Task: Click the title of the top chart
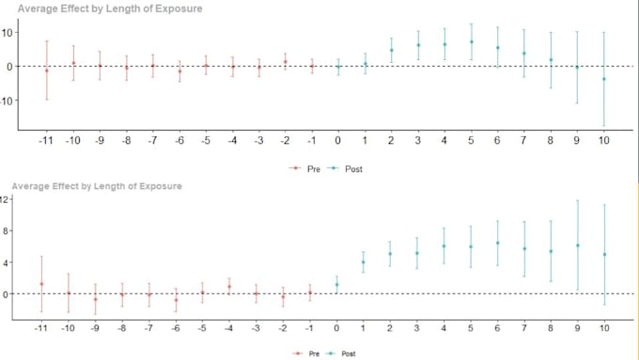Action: point(110,8)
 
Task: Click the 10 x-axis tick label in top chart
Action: point(604,140)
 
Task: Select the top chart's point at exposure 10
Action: point(604,79)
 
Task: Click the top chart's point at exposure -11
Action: point(47,70)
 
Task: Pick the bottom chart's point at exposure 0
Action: point(336,285)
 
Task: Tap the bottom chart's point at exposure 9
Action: point(577,245)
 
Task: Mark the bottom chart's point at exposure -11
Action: point(41,284)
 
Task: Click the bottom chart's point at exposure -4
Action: point(228,287)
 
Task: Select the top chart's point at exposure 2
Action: point(391,50)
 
